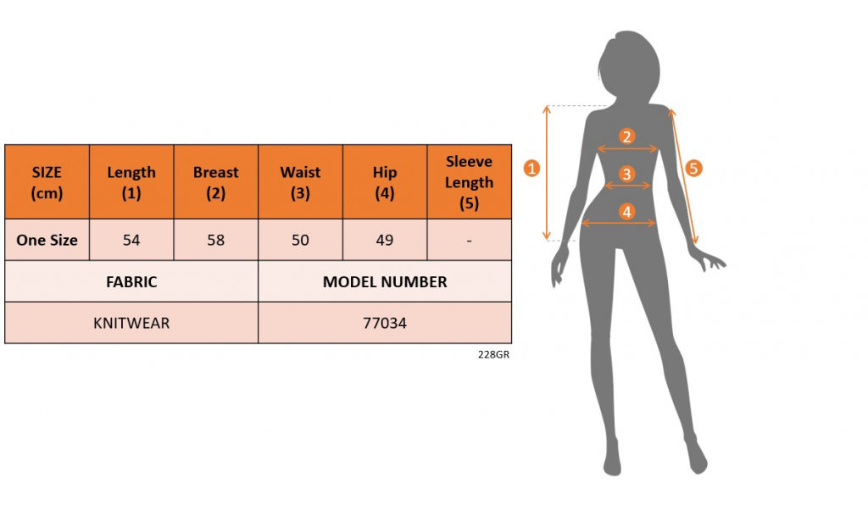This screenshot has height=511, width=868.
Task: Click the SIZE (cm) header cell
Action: point(47,182)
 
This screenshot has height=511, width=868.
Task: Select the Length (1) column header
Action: point(131,182)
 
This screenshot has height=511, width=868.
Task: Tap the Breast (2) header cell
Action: point(216,182)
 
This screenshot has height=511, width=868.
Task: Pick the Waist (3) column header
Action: point(300,182)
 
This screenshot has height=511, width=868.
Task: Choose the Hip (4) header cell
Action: point(385,182)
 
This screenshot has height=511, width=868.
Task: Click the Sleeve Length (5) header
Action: point(469,182)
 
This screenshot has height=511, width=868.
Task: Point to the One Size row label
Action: point(47,240)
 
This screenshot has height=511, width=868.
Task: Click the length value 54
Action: point(131,240)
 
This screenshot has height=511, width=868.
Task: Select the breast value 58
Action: point(216,240)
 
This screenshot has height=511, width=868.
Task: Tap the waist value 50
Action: point(300,240)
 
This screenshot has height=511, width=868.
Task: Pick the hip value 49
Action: point(385,240)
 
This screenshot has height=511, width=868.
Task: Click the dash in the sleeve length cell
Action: point(469,240)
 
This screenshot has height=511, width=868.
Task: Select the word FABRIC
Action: point(131,282)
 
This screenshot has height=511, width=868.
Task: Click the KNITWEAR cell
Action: point(131,323)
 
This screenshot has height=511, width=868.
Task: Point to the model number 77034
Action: point(385,323)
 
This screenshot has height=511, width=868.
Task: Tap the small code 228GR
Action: point(493,355)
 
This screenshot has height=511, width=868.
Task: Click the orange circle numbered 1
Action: point(531,168)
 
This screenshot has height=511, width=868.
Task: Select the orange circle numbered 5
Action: point(693,168)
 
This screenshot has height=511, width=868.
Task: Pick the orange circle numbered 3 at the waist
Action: point(626,174)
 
